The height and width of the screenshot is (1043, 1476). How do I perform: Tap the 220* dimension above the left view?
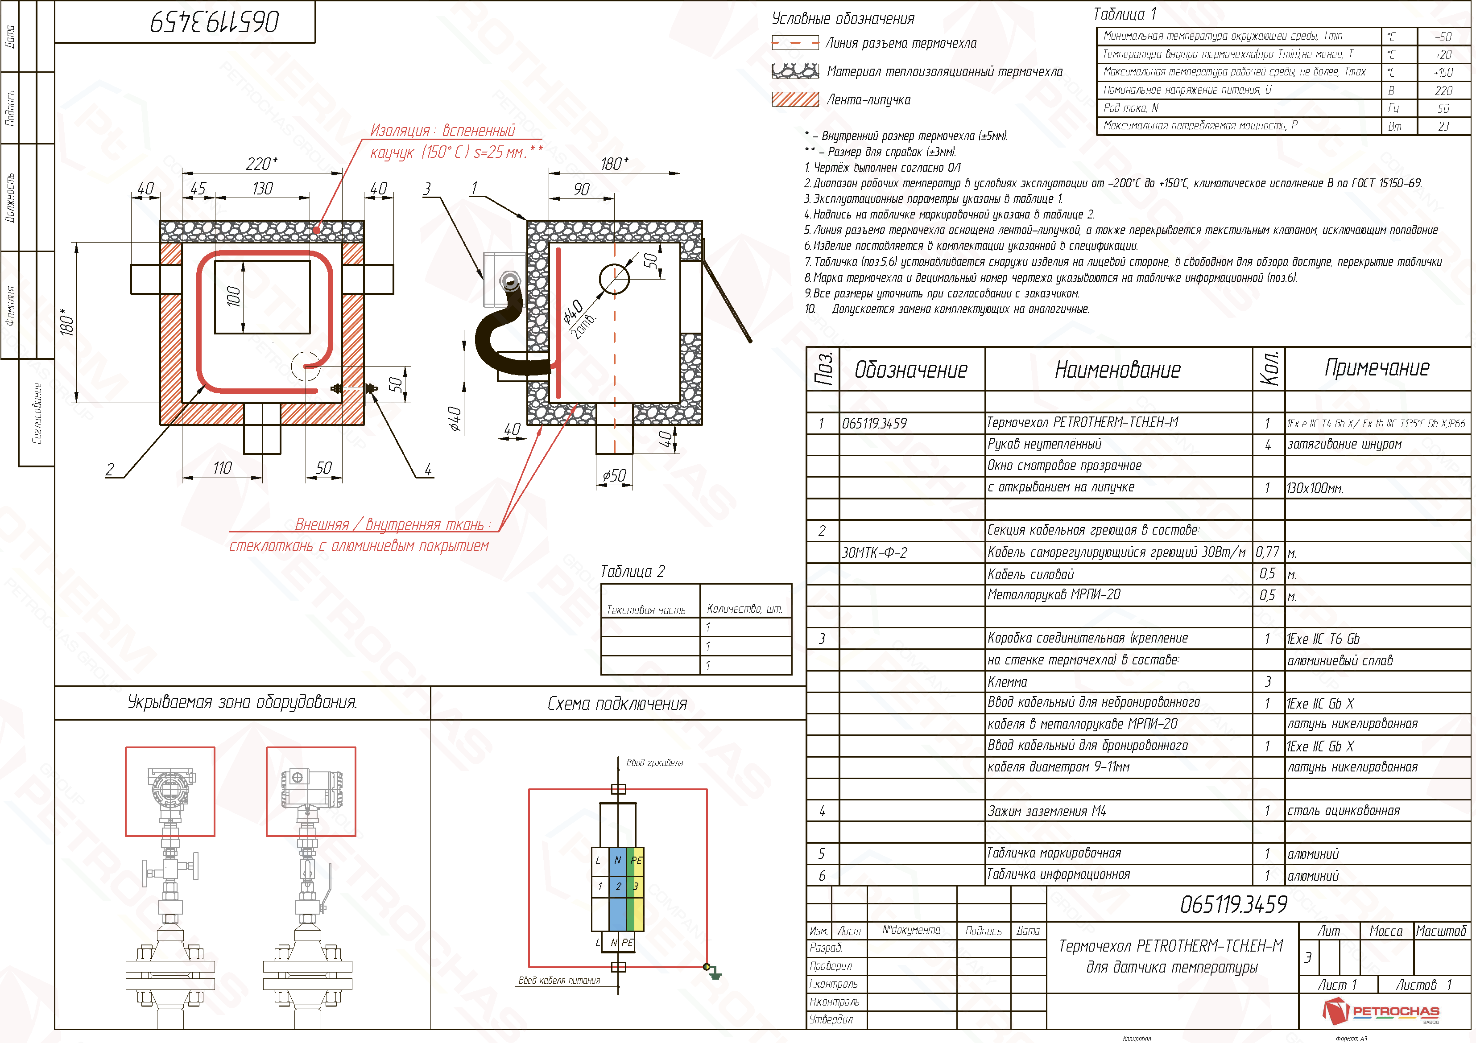click(x=262, y=164)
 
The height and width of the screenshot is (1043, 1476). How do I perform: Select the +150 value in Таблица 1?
click(x=1443, y=73)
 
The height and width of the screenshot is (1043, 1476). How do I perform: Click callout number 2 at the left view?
click(x=110, y=469)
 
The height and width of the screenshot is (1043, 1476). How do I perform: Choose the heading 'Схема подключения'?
click(x=617, y=704)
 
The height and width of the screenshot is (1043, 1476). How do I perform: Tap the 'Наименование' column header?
click(x=1118, y=370)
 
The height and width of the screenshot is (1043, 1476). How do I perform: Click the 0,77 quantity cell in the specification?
click(x=1267, y=552)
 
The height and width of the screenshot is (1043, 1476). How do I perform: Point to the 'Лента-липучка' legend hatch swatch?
click(x=795, y=99)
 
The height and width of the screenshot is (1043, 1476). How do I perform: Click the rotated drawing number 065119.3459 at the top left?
click(x=215, y=22)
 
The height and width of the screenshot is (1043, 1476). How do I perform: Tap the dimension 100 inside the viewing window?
click(x=234, y=296)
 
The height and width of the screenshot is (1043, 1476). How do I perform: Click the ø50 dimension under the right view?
click(x=614, y=475)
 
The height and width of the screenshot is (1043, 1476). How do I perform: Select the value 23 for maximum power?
click(x=1443, y=127)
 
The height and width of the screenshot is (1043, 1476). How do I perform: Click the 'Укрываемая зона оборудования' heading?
click(x=242, y=702)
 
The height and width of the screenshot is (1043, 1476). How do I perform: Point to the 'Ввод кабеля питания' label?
click(x=559, y=981)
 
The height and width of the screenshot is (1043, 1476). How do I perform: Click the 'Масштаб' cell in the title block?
click(x=1441, y=931)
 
